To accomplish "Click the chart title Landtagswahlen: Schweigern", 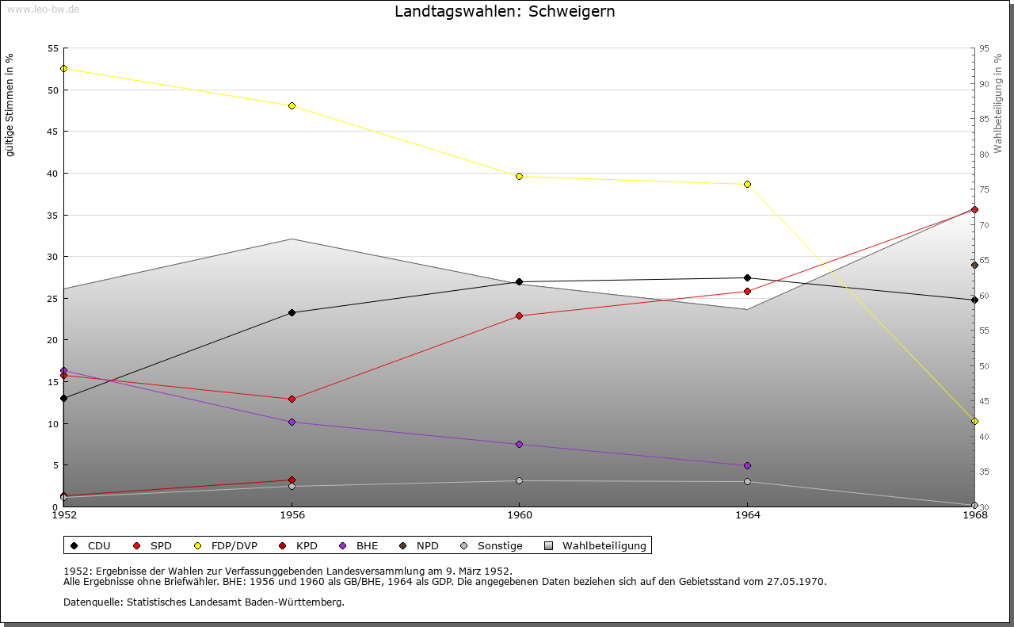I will coord(505,12).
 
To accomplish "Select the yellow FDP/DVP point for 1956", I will coord(292,105).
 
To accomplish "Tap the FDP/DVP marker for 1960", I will coord(519,176).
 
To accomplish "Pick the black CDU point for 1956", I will coord(292,312).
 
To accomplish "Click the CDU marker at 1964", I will coord(747,277).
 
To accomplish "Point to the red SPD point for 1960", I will coord(519,315).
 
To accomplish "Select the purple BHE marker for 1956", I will coord(292,422).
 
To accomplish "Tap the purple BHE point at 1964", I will coord(747,465).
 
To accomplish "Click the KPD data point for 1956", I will coord(292,480).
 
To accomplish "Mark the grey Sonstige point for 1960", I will coord(519,480).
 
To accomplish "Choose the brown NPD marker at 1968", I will coord(974,265).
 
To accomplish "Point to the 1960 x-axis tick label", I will coord(519,516).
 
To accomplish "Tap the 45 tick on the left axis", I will coord(52,132).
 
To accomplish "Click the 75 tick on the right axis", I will coord(984,189).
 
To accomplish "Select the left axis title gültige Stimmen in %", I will coord(10,105).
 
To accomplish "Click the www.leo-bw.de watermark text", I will coord(43,9).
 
